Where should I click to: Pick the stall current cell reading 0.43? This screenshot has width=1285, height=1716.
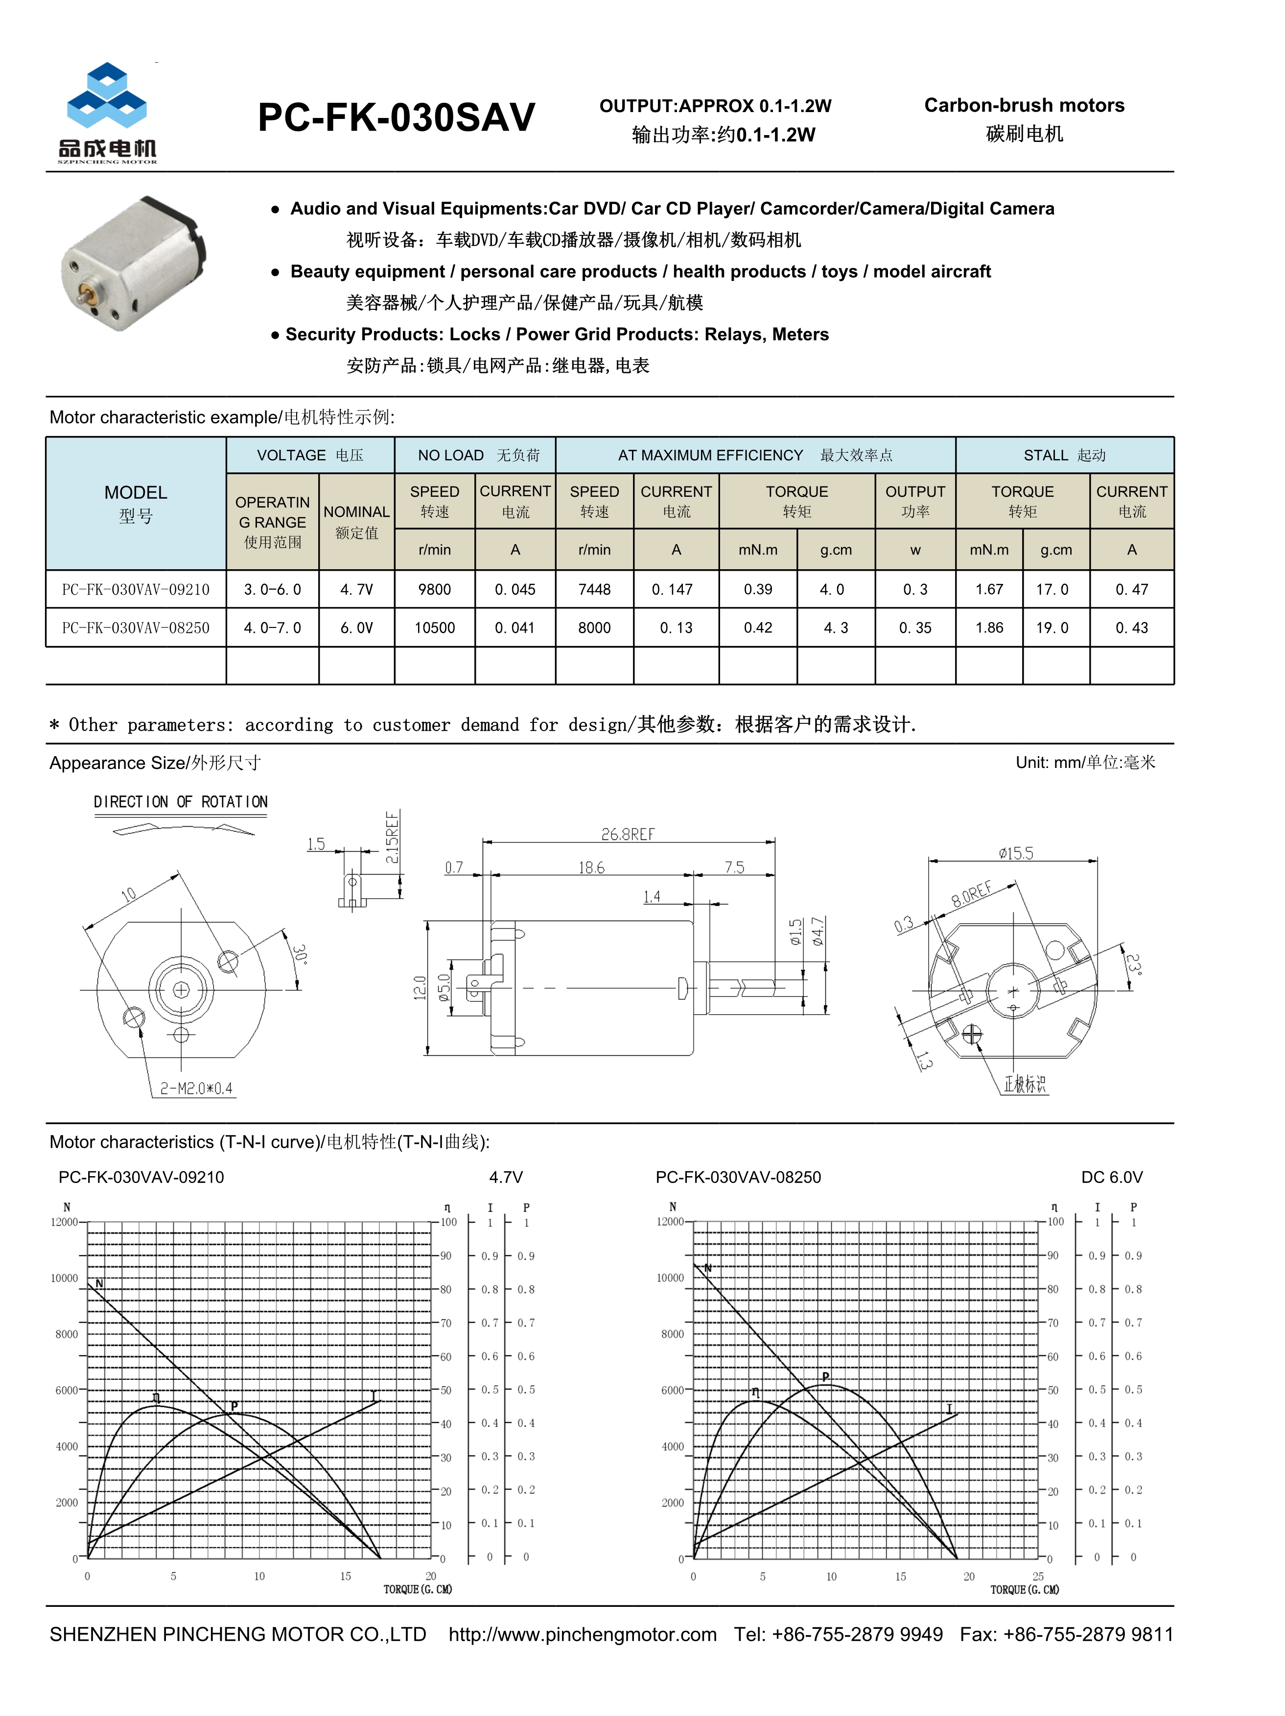tap(1131, 627)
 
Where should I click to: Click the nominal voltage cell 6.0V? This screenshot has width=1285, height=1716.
tap(356, 627)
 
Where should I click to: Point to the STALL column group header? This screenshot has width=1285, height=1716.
tap(1064, 455)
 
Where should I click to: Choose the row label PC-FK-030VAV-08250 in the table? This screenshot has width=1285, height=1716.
tap(136, 627)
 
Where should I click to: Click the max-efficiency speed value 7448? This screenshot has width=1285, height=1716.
tap(594, 590)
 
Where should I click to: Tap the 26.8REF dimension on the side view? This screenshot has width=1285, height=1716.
tap(628, 834)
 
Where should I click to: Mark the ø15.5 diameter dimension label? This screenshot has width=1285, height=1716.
tap(1016, 853)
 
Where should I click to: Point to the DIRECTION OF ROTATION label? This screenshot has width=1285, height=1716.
tap(181, 801)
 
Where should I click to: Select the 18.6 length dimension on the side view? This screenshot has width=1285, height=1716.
tap(591, 867)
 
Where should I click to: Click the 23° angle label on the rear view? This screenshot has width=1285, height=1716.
tap(1133, 965)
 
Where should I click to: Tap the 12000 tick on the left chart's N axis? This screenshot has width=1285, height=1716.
tap(65, 1222)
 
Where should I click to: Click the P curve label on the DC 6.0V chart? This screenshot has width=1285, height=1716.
tap(826, 1377)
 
